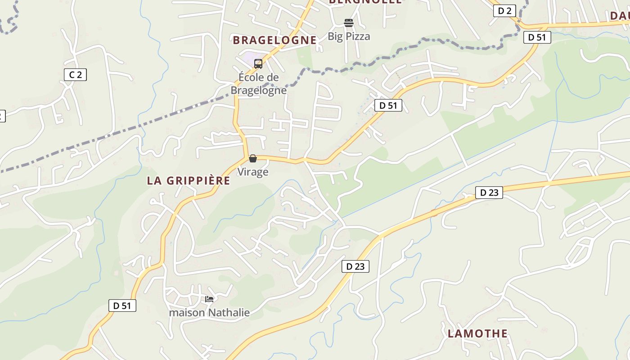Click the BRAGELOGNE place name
[274, 40]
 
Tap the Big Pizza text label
[349, 36]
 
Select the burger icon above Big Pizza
[349, 22]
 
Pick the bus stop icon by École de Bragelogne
[258, 64]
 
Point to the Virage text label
[253, 172]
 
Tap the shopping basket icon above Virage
[253, 158]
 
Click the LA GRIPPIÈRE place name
[189, 181]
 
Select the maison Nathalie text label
[209, 312]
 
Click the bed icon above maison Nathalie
[209, 299]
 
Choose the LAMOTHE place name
[477, 333]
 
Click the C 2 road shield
[75, 75]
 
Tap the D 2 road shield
[504, 11]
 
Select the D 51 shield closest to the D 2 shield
[537, 37]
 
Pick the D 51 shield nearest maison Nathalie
[122, 306]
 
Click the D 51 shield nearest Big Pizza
[388, 106]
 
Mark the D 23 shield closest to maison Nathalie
[355, 266]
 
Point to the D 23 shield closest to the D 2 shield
[489, 193]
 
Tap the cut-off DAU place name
[620, 16]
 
